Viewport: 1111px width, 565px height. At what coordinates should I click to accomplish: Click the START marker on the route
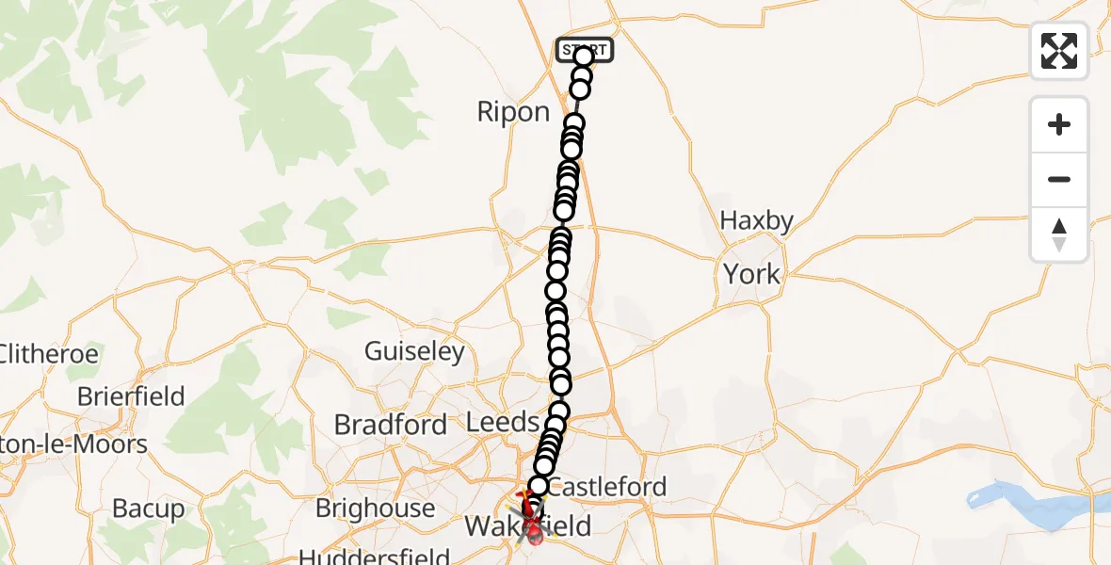click(x=585, y=50)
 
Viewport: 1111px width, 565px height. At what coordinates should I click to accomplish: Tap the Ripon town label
click(x=513, y=112)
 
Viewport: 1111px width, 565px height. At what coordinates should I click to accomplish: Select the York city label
click(x=751, y=274)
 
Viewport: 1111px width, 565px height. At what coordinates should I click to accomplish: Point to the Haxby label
click(x=756, y=220)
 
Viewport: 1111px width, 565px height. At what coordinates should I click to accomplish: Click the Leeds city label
click(x=503, y=423)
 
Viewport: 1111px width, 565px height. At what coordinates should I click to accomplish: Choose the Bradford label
click(x=390, y=425)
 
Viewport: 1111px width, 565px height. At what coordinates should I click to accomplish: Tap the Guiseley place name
click(x=414, y=352)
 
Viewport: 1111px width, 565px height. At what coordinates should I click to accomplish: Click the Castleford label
click(x=606, y=487)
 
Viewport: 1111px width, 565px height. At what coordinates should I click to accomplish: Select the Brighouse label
click(x=375, y=508)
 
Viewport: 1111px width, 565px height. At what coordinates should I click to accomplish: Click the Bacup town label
click(x=149, y=509)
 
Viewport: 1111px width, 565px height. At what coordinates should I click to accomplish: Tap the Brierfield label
click(x=131, y=396)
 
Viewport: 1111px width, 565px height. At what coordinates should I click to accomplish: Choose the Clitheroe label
click(x=49, y=355)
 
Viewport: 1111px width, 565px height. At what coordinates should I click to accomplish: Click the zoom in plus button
click(x=1059, y=125)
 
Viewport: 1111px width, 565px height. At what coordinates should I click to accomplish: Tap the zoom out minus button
click(x=1059, y=179)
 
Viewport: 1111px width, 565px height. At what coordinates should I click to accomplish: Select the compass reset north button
click(x=1059, y=234)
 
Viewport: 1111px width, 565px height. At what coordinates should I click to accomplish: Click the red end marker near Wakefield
click(x=535, y=535)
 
